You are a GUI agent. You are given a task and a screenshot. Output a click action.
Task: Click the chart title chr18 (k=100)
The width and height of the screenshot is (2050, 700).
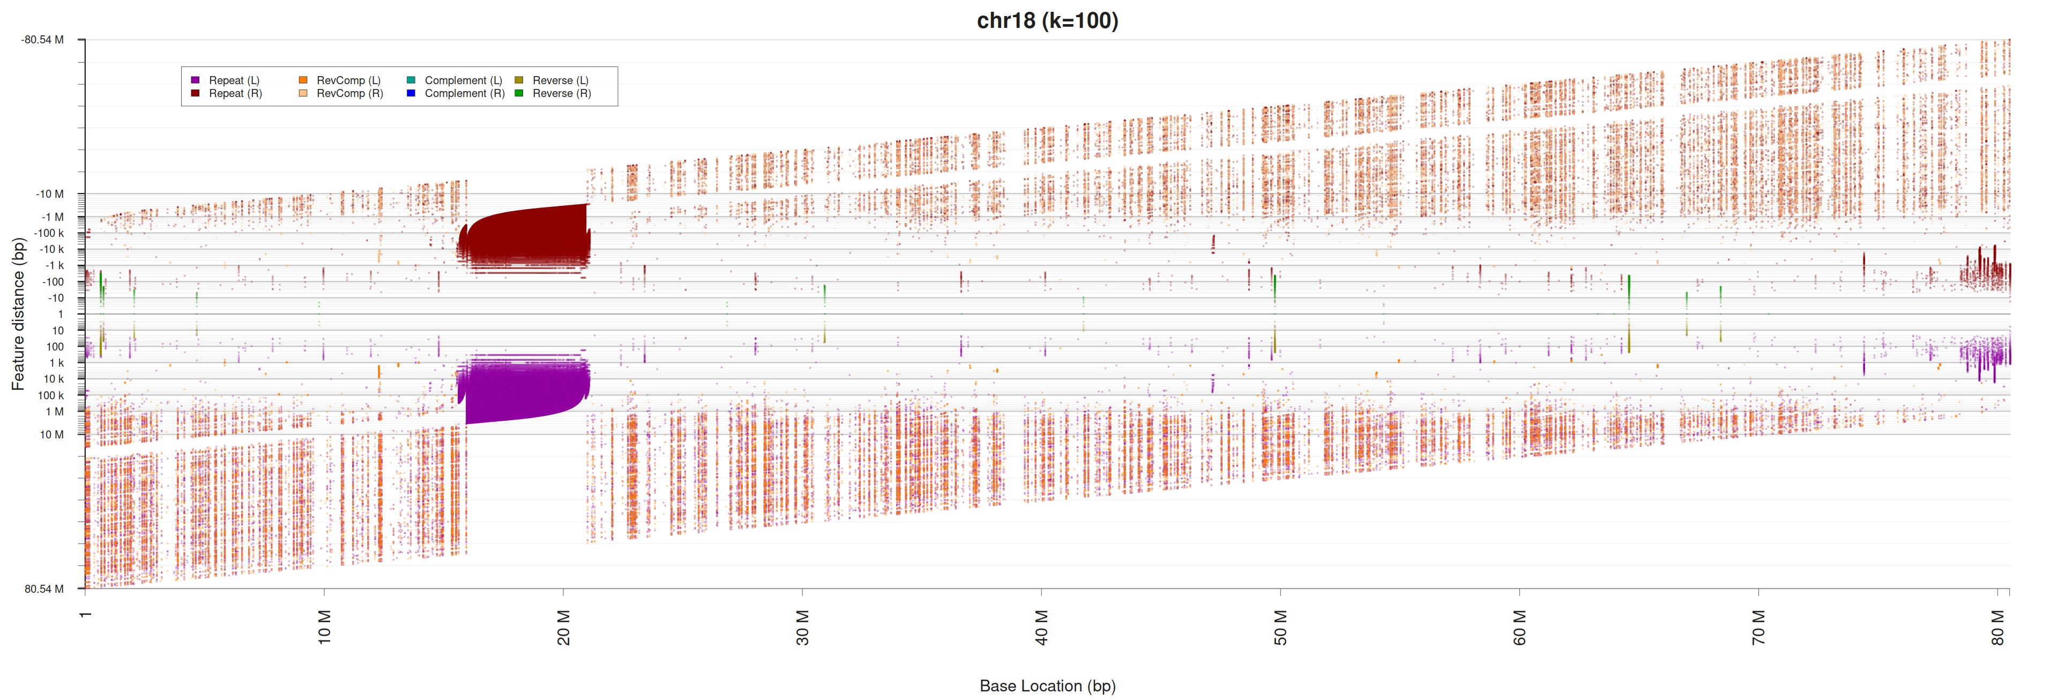[x=1047, y=21]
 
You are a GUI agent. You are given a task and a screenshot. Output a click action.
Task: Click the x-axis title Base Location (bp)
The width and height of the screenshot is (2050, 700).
[x=1047, y=686]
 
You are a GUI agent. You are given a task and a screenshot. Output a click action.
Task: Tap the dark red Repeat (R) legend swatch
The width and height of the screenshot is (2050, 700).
[x=195, y=93]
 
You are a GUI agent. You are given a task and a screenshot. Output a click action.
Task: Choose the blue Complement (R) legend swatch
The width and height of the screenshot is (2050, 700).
[x=411, y=93]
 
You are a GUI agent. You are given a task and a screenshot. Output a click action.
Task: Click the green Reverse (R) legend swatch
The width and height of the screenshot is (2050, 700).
[x=519, y=93]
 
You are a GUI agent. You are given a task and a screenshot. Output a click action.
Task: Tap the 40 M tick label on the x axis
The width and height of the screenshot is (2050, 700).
[x=1042, y=628]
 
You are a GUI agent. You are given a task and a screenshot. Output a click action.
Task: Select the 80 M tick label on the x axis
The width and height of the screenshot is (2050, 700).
[x=1997, y=628]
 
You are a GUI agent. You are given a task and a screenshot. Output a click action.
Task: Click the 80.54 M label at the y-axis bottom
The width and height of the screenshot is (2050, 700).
[x=44, y=589]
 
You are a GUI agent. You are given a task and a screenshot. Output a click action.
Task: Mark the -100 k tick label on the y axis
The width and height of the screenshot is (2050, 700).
[x=49, y=233]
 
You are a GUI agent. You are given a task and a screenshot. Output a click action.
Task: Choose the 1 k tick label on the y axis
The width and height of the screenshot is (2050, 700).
[x=56, y=363]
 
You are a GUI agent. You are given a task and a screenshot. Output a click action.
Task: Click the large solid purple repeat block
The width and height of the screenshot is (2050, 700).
[x=525, y=390]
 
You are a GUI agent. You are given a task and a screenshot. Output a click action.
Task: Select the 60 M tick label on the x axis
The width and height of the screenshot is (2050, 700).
[x=1520, y=628]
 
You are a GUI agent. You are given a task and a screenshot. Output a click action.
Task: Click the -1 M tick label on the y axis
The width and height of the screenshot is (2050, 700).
[x=53, y=217]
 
